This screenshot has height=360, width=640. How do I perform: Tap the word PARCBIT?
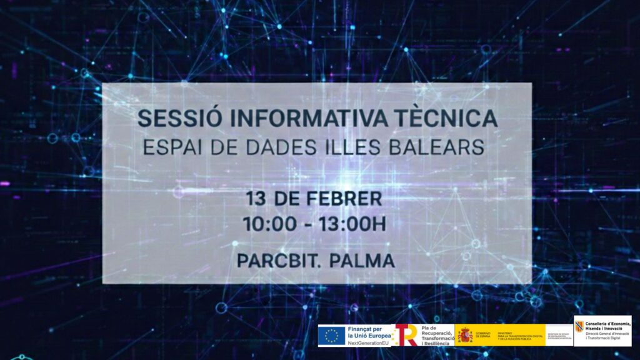pos(270,260)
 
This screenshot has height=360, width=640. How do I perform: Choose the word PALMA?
pos(364,260)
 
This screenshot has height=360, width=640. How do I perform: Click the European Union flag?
pos(331,336)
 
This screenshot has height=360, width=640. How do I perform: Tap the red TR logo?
pos(406,336)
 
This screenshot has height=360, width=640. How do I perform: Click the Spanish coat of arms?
pos(464,335)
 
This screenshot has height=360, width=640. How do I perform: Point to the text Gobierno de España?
pos(482,335)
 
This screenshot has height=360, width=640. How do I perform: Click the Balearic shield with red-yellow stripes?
pos(579,326)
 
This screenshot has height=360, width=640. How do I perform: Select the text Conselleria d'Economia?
pos(608,323)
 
